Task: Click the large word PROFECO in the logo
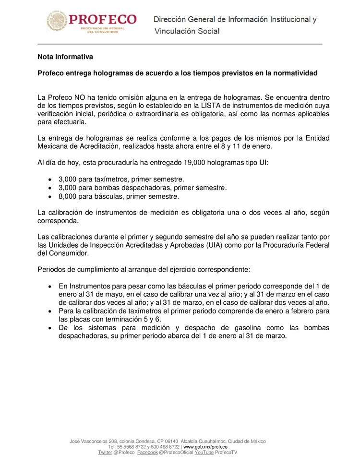(103, 19)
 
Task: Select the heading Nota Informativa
(65, 57)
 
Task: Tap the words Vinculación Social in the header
(187, 31)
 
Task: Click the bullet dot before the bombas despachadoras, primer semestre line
(51, 188)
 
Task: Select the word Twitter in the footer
(105, 453)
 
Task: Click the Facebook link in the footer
(147, 453)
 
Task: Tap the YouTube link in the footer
(204, 453)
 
